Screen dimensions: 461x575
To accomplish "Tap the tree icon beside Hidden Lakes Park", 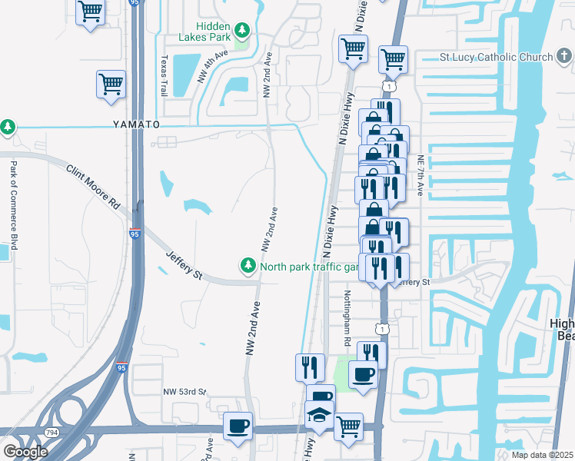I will [243, 31].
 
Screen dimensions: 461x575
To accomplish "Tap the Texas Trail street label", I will [164, 75].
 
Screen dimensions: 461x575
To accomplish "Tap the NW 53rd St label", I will [184, 392].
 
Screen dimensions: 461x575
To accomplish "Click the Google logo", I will [25, 451].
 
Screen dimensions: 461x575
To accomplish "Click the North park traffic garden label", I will [310, 267].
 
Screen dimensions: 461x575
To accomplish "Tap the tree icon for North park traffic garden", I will [248, 266].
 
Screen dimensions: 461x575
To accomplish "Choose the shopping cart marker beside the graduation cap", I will [348, 425].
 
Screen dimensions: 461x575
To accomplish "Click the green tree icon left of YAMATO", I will [7, 126].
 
